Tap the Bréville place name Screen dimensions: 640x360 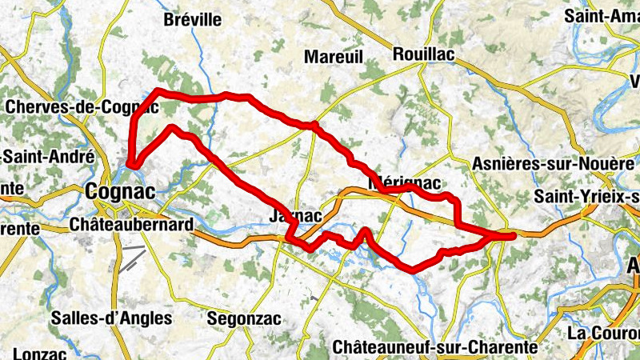[191, 20]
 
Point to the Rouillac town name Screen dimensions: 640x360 [424, 54]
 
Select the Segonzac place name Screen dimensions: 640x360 [244, 318]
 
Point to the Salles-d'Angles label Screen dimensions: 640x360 [111, 318]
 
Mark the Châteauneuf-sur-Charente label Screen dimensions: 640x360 [434, 347]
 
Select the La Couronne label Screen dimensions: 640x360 [603, 332]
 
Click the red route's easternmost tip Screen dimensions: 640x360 [512, 234]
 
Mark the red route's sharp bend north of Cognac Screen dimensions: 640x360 [131, 164]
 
